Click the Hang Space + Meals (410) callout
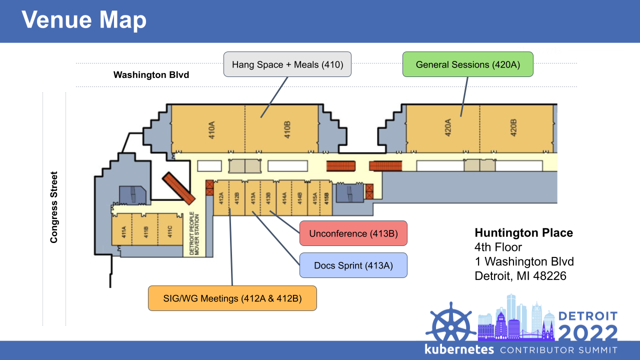pyautogui.click(x=287, y=64)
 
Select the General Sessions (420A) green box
pyautogui.click(x=467, y=64)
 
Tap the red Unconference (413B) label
pyautogui.click(x=353, y=233)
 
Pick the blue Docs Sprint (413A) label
pyautogui.click(x=353, y=265)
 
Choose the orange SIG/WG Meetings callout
pyautogui.click(x=232, y=298)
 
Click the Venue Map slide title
pyautogui.click(x=84, y=20)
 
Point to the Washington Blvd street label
pyautogui.click(x=151, y=75)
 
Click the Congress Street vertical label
pyautogui.click(x=54, y=207)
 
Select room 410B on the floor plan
pyautogui.click(x=287, y=129)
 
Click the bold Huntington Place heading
pyautogui.click(x=523, y=233)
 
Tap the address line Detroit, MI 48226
pyautogui.click(x=520, y=275)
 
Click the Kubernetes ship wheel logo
pyautogui.click(x=451, y=323)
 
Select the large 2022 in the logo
pyautogui.click(x=587, y=333)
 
